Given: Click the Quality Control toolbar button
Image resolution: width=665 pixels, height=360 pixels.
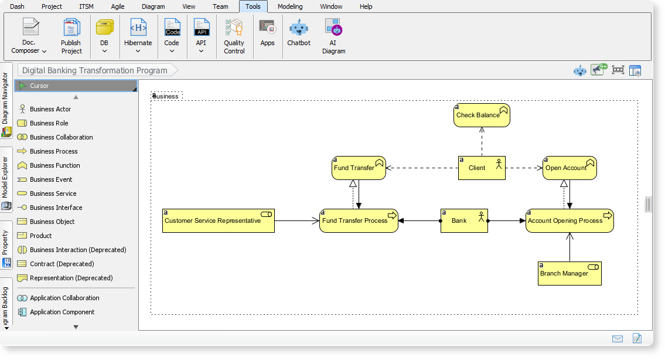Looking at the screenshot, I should [234, 36].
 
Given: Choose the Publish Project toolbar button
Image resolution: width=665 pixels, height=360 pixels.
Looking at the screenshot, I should [71, 36].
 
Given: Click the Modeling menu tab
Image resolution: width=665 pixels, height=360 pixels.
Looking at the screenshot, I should [290, 6].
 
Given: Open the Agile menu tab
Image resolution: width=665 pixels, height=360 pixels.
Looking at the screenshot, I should [118, 6].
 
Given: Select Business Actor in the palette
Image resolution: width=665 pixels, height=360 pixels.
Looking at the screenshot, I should [50, 109].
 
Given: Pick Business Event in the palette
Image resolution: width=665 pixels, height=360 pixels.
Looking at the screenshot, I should [51, 179].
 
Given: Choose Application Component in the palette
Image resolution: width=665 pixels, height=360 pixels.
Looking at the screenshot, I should [62, 312].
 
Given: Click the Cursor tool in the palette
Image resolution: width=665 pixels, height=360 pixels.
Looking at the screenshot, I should [39, 86].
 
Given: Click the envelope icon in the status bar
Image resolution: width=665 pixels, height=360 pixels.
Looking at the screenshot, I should [617, 338].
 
